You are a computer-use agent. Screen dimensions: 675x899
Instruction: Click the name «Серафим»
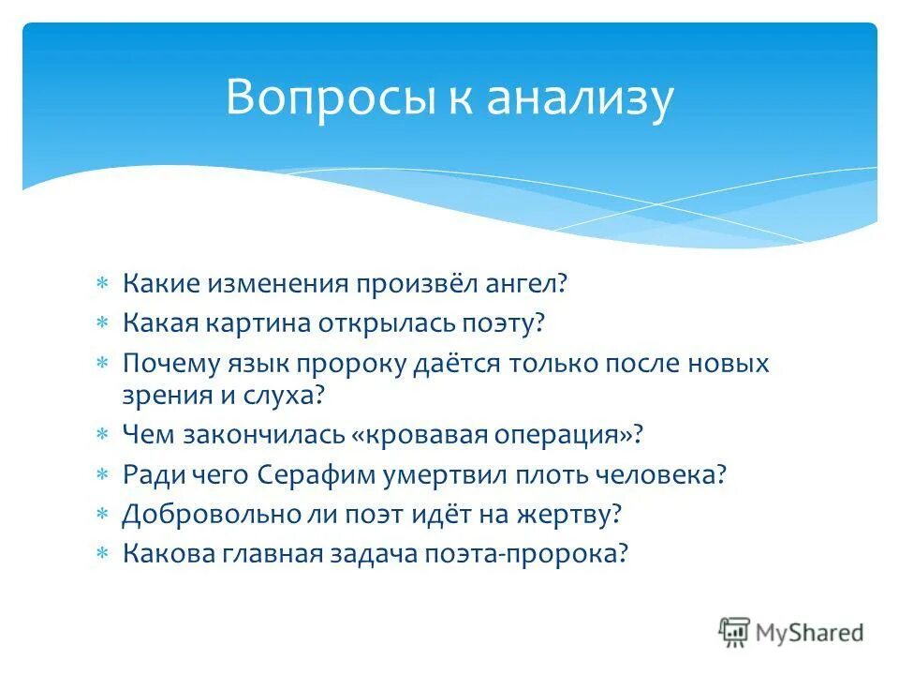click(315, 474)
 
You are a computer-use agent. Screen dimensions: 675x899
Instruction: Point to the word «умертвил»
click(446, 474)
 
